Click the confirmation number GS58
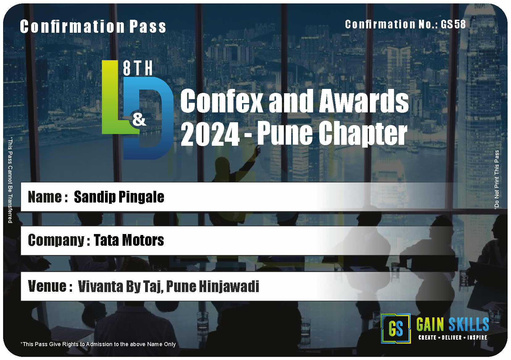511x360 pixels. click(453, 24)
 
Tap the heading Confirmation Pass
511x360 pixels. click(93, 27)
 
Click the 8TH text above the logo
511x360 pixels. click(138, 68)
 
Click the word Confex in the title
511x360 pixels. click(221, 101)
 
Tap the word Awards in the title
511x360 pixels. click(364, 101)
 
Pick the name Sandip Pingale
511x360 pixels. click(119, 197)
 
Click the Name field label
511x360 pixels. click(48, 197)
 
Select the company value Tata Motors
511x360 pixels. click(129, 240)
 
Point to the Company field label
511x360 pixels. click(59, 241)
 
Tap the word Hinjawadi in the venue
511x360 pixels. click(229, 287)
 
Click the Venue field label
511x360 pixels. click(50, 286)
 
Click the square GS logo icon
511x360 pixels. click(396, 329)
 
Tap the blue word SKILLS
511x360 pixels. click(469, 324)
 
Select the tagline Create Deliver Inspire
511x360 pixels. click(453, 337)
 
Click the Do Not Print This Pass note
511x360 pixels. click(496, 180)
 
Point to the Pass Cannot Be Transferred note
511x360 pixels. click(10, 180)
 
